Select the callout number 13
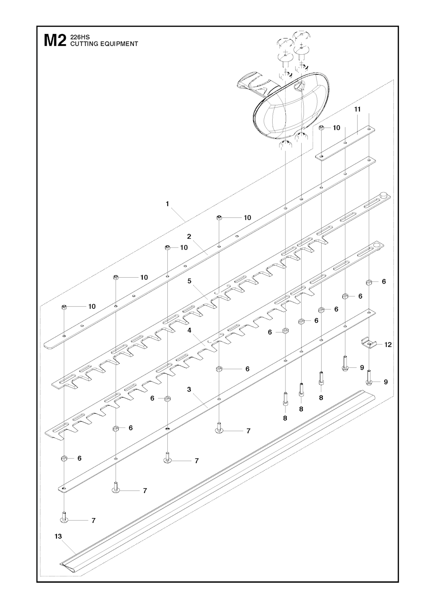[58, 536]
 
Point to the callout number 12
[388, 345]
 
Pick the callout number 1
[167, 203]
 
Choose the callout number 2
[189, 237]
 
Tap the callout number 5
[189, 281]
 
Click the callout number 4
[189, 330]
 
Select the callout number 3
[189, 389]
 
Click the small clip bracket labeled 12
[369, 344]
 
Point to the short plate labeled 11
[345, 142]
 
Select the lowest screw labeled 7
[64, 519]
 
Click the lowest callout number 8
[285, 418]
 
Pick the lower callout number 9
[386, 382]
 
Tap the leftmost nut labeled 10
[65, 307]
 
